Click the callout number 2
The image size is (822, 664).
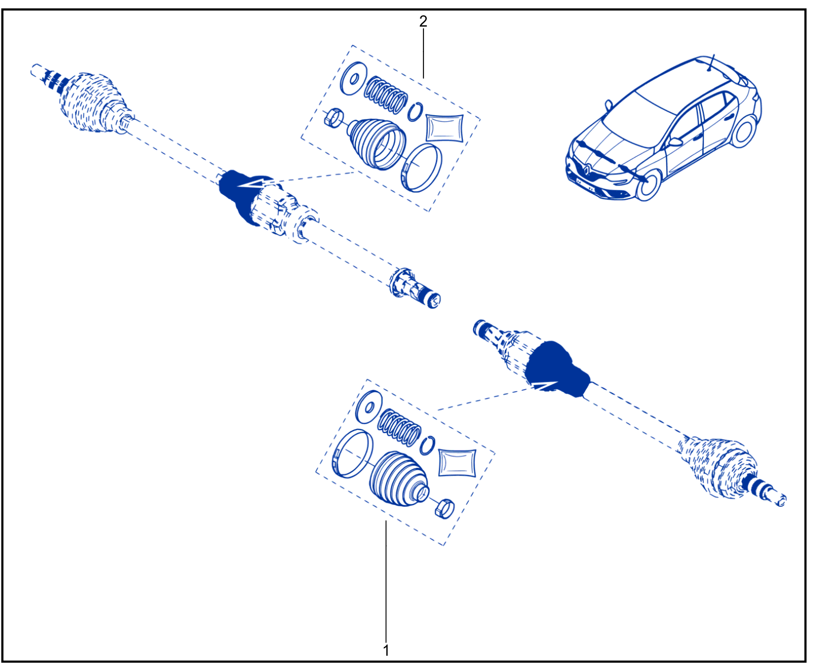pyautogui.click(x=423, y=21)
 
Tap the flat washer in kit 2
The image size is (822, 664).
pyautogui.click(x=353, y=79)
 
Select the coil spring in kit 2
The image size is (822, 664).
pyautogui.click(x=386, y=95)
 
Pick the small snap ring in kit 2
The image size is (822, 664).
pyautogui.click(x=415, y=112)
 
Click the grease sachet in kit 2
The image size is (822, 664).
pyautogui.click(x=444, y=128)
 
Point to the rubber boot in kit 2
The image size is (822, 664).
pyautogui.click(x=377, y=144)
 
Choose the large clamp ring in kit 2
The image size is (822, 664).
pyautogui.click(x=422, y=167)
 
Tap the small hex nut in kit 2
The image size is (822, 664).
pyautogui.click(x=334, y=118)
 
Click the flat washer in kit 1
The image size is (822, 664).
pyautogui.click(x=369, y=407)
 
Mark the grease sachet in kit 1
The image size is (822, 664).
pyautogui.click(x=457, y=463)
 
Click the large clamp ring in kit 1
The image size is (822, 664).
pyautogui.click(x=353, y=454)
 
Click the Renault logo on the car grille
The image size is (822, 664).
pyautogui.click(x=586, y=170)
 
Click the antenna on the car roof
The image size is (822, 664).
pyautogui.click(x=710, y=63)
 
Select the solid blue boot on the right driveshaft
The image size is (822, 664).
pyautogui.click(x=556, y=369)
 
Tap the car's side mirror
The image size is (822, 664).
pyautogui.click(x=676, y=141)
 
